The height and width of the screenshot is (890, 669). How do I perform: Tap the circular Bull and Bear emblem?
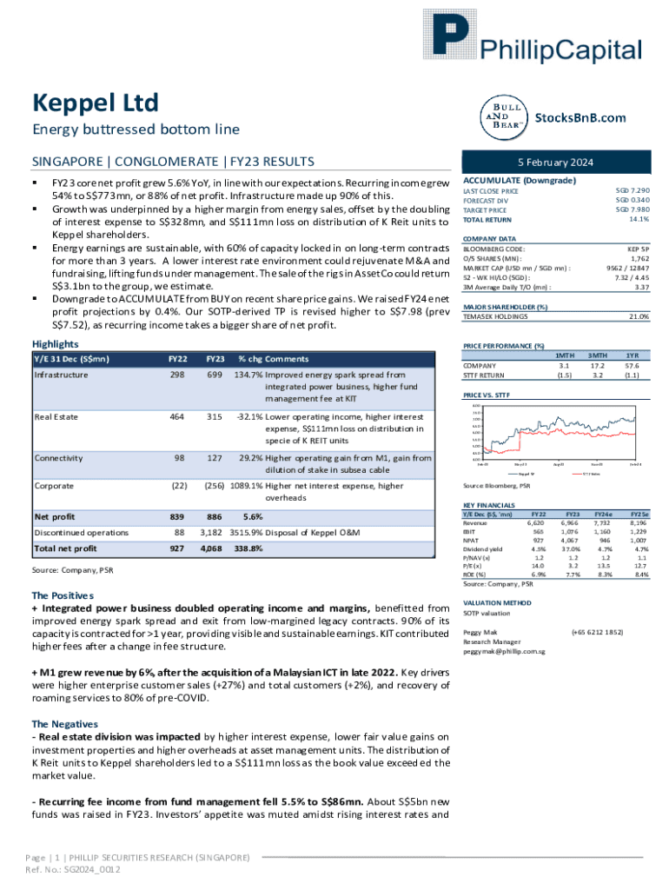pyautogui.click(x=504, y=116)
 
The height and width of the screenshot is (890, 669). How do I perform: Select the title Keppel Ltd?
pyautogui.click(x=96, y=103)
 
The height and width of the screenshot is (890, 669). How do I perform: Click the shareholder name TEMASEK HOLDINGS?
pyautogui.click(x=496, y=316)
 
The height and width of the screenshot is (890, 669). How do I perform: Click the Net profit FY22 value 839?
pyautogui.click(x=176, y=515)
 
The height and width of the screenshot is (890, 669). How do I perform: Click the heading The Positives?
pyautogui.click(x=62, y=595)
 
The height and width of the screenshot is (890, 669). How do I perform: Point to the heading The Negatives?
pyautogui.click(x=63, y=724)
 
